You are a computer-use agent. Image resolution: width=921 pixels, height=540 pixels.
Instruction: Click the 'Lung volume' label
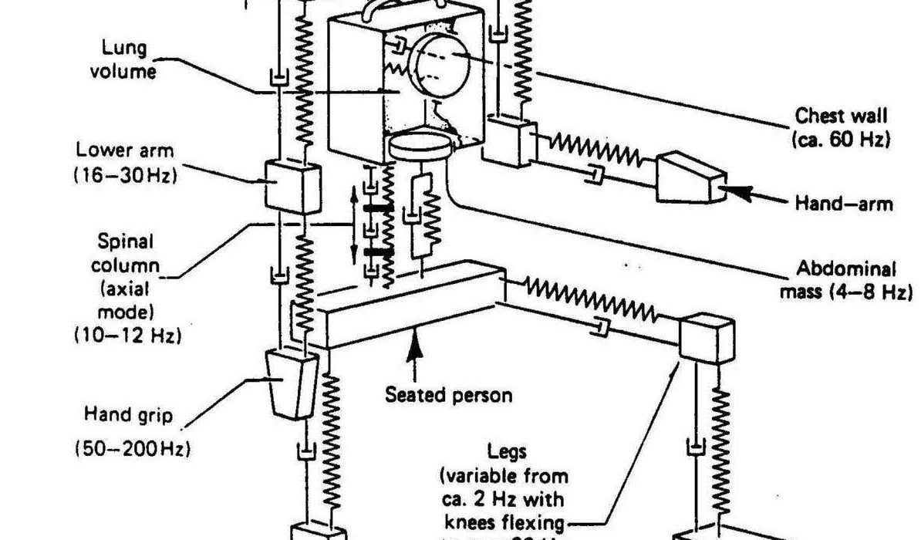pyautogui.click(x=129, y=59)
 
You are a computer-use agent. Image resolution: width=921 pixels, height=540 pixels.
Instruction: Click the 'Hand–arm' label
pyautogui.click(x=843, y=204)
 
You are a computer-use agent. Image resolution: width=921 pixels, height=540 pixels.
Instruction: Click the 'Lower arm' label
pyautogui.click(x=125, y=149)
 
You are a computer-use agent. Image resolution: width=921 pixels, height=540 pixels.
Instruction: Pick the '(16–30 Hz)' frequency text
pyautogui.click(x=125, y=174)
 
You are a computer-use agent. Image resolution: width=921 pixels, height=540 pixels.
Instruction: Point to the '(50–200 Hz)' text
pyautogui.click(x=132, y=447)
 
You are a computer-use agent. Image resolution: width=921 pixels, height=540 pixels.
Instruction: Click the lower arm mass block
pyautogui.click(x=292, y=185)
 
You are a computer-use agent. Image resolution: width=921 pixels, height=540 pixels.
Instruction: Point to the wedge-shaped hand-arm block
pyautogui.click(x=690, y=180)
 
